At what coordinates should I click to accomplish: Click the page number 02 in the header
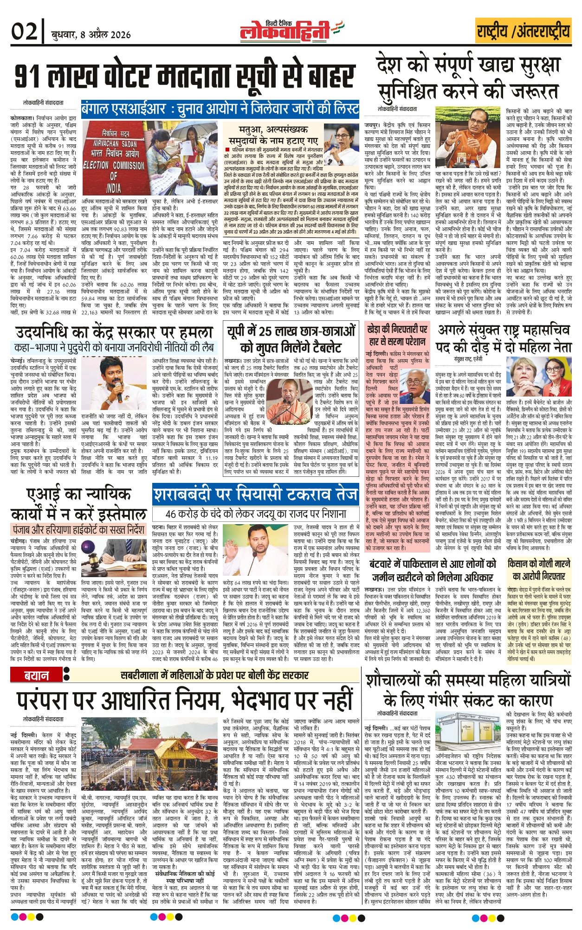pyautogui.click(x=24, y=32)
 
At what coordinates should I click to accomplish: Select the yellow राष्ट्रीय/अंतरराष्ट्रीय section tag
pyautogui.click(x=523, y=31)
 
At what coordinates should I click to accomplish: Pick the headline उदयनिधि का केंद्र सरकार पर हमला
pyautogui.click(x=114, y=332)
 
